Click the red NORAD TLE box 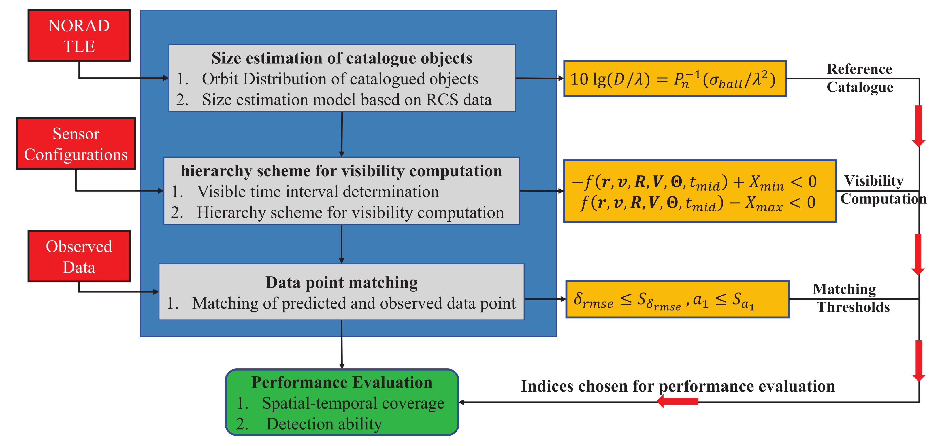click(79, 35)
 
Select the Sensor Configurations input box click(76, 144)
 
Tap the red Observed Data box click(79, 256)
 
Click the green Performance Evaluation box click(342, 402)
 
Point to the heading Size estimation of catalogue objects click(342, 58)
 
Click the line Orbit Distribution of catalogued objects click(340, 79)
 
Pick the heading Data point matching click(341, 282)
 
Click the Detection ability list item click(324, 424)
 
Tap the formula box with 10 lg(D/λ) click(675, 79)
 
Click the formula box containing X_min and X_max click(700, 191)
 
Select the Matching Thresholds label click(851, 298)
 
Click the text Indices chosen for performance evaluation click(678, 386)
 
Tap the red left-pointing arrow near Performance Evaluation click(678, 401)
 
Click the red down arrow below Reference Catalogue click(918, 126)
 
